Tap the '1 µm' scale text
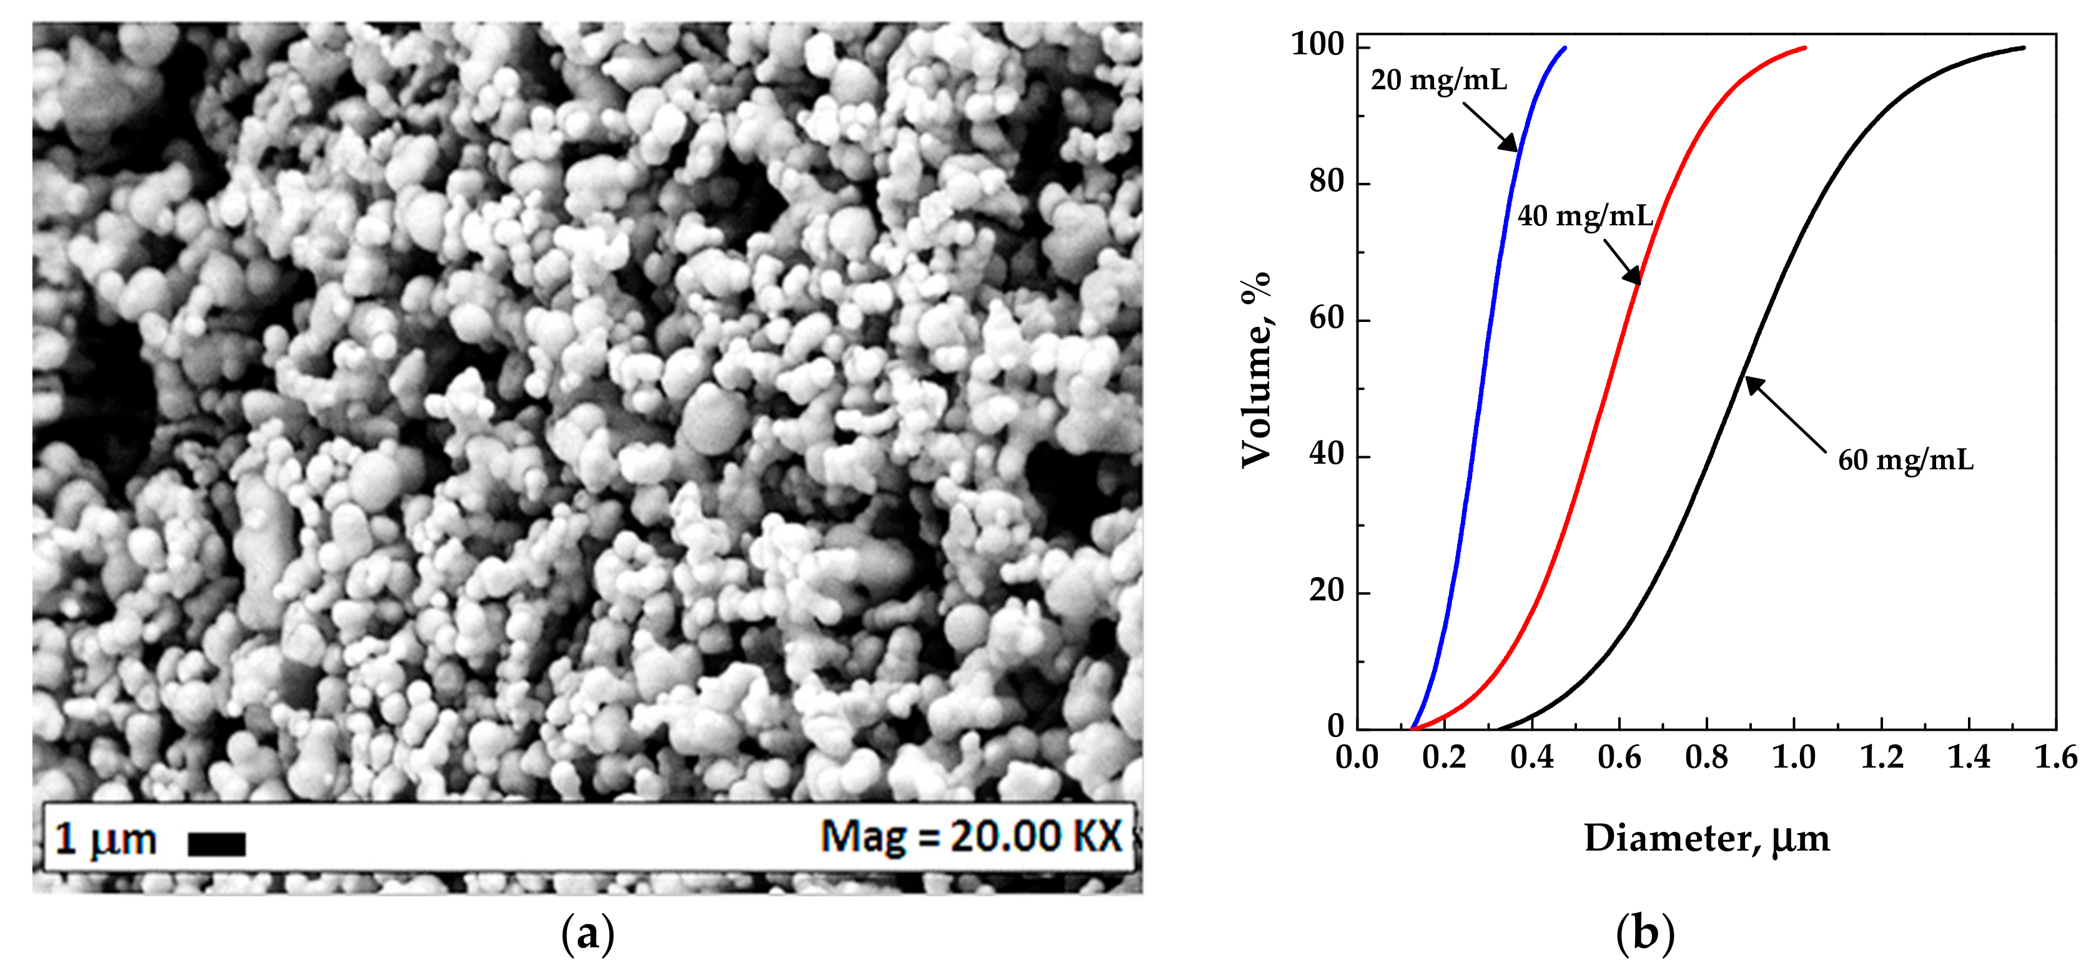pos(105,839)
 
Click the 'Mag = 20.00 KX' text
pos(971,837)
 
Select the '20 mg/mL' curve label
pos(1438,81)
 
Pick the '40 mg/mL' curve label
pos(1585,217)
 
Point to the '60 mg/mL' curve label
pos(1906,461)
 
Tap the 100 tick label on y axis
pos(1317,45)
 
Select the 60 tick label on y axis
pos(1327,318)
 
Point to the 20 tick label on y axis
pos(1327,590)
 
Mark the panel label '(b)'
pos(1645,934)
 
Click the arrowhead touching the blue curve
pos(1510,144)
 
